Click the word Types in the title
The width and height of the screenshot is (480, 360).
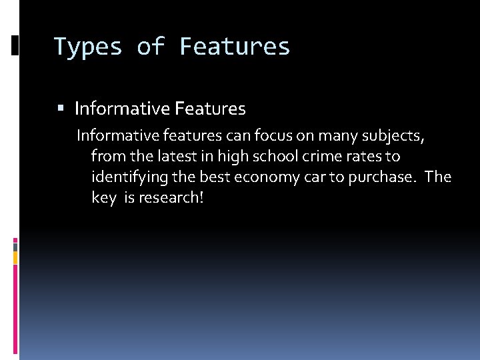pyautogui.click(x=88, y=47)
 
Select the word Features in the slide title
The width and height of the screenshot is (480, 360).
pyautogui.click(x=235, y=47)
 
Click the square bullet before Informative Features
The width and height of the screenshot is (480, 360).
pyautogui.click(x=61, y=108)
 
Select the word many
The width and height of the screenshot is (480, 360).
pyautogui.click(x=337, y=137)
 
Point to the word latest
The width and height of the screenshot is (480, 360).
pyautogui.click(x=171, y=157)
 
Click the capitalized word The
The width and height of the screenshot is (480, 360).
pyautogui.click(x=438, y=177)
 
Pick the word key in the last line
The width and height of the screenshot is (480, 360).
pyautogui.click(x=104, y=198)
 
